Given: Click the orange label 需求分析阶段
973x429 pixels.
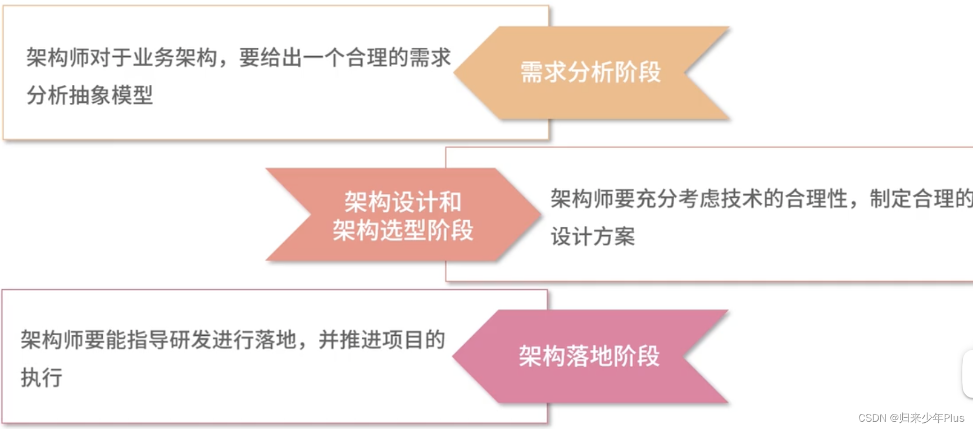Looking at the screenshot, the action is [x=590, y=72].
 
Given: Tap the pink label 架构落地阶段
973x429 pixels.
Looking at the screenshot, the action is [x=589, y=356].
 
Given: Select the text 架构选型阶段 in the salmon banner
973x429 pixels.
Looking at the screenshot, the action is [x=403, y=230].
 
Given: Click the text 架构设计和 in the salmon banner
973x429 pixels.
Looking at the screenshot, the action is [x=403, y=202].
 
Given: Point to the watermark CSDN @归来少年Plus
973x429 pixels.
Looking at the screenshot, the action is [x=911, y=418].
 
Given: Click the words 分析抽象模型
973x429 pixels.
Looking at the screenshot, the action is [x=90, y=95].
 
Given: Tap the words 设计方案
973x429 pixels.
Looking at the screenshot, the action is [x=593, y=236].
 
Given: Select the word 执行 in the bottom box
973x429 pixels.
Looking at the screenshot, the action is [x=42, y=377].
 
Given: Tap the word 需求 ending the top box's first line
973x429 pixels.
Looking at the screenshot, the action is [x=430, y=57].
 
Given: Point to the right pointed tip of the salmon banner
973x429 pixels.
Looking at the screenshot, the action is [x=540, y=214].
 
